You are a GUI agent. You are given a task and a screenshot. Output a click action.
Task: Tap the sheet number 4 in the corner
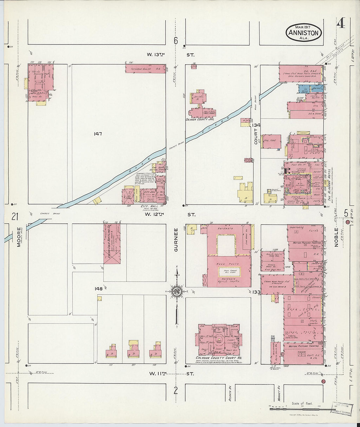341,24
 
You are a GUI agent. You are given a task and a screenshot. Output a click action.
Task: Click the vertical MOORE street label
19,237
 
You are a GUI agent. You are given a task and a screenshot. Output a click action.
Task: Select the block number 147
98,134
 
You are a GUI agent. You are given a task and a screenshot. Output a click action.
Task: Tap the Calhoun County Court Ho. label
218,358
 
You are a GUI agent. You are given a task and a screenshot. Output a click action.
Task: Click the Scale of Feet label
302,403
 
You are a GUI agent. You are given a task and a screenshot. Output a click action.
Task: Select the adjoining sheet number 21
14,216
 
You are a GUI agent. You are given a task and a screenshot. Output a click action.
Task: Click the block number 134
256,125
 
